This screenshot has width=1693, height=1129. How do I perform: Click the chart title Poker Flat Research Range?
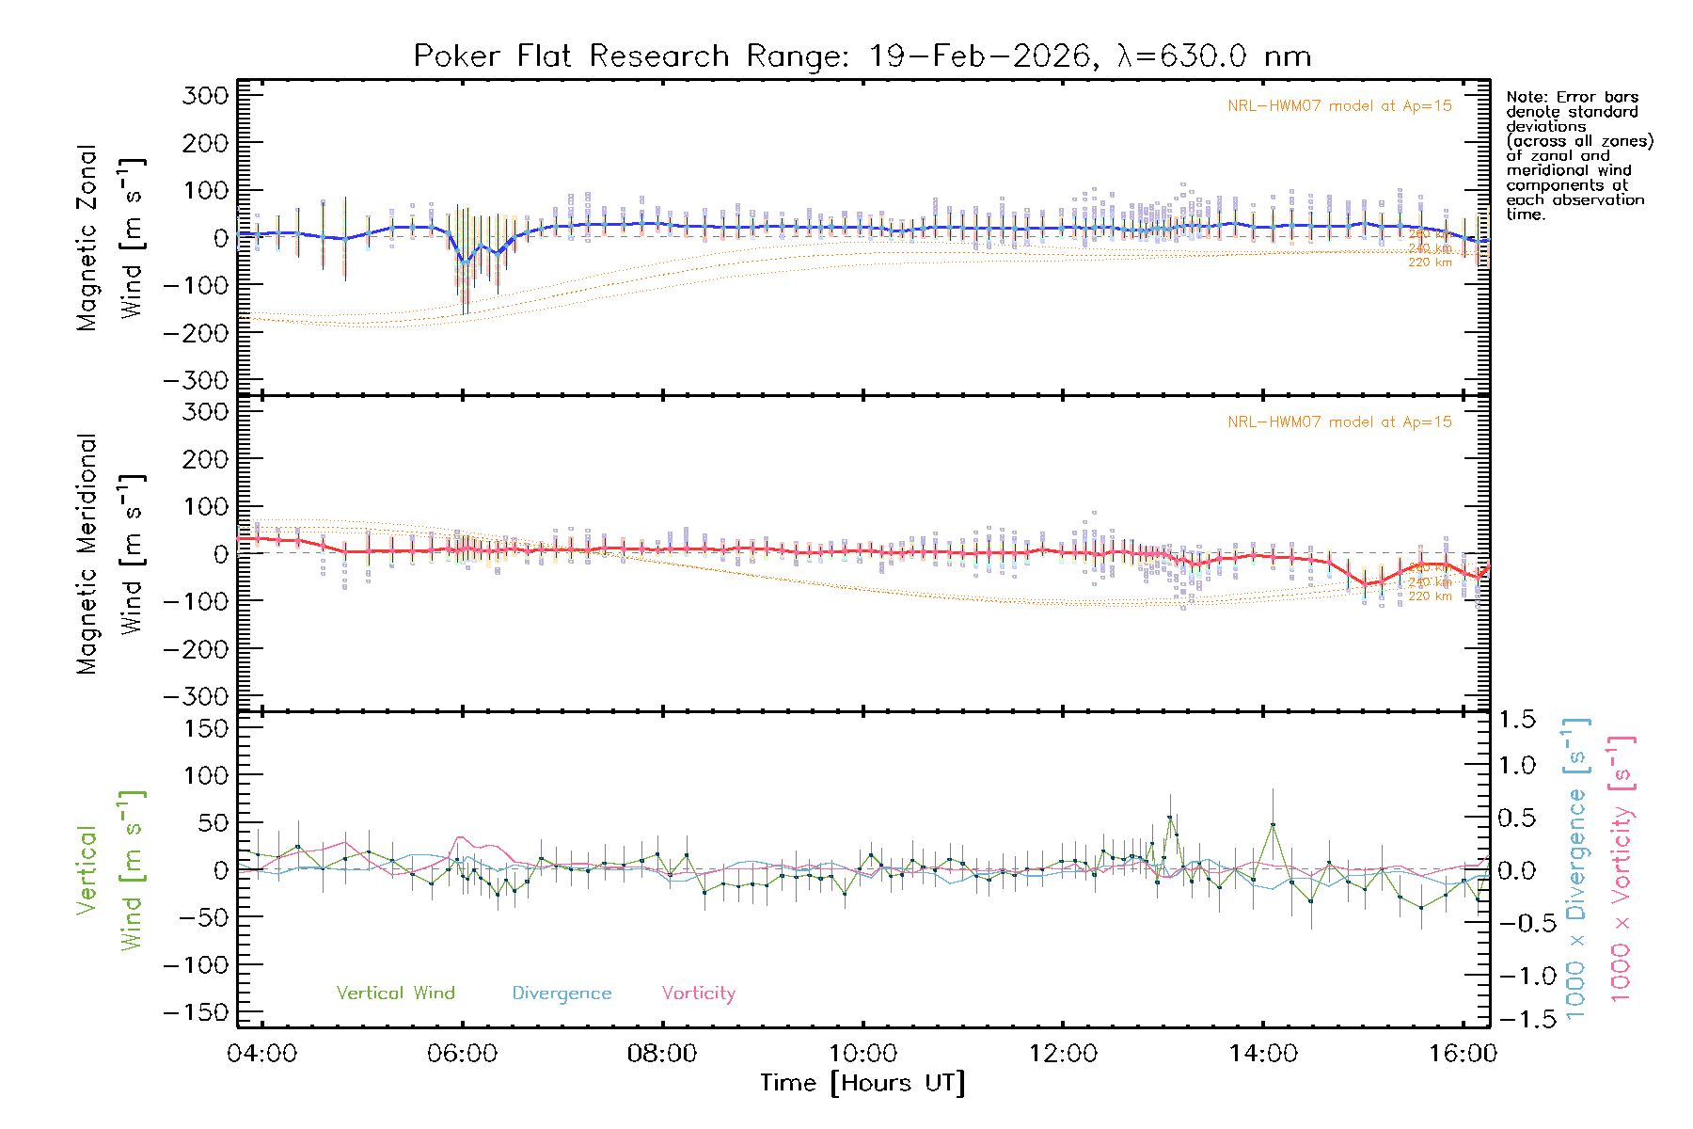pyautogui.click(x=862, y=56)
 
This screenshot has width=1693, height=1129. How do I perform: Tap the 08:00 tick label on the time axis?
pyautogui.click(x=662, y=1054)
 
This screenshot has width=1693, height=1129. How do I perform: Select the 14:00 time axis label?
pyautogui.click(x=1262, y=1054)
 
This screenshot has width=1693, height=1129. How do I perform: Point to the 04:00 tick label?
pyautogui.click(x=261, y=1054)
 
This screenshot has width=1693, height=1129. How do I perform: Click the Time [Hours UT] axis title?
pyautogui.click(x=862, y=1084)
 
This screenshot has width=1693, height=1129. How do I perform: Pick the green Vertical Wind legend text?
pyautogui.click(x=395, y=994)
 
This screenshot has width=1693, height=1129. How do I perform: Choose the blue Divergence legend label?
pyautogui.click(x=562, y=994)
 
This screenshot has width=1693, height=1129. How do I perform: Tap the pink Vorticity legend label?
pyautogui.click(x=698, y=994)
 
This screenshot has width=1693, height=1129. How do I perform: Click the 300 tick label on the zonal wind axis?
pyautogui.click(x=206, y=95)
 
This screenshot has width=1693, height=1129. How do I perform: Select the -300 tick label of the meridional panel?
pyautogui.click(x=197, y=697)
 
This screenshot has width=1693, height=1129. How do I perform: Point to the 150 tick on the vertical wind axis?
pyautogui.click(x=206, y=728)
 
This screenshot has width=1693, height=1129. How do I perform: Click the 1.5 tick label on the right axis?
pyautogui.click(x=1517, y=720)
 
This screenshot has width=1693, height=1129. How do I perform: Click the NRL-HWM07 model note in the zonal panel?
pyautogui.click(x=1339, y=106)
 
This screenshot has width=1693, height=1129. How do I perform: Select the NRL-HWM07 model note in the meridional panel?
pyautogui.click(x=1339, y=422)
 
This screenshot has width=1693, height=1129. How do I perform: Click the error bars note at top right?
pyautogui.click(x=1578, y=155)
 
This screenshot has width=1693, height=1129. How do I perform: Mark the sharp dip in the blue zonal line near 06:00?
pyautogui.click(x=464, y=261)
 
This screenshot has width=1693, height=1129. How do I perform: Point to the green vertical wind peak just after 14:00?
pyautogui.click(x=1273, y=825)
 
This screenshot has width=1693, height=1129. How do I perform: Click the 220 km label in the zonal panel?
pyautogui.click(x=1430, y=262)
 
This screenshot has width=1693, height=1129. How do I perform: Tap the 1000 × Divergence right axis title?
pyautogui.click(x=1575, y=866)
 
